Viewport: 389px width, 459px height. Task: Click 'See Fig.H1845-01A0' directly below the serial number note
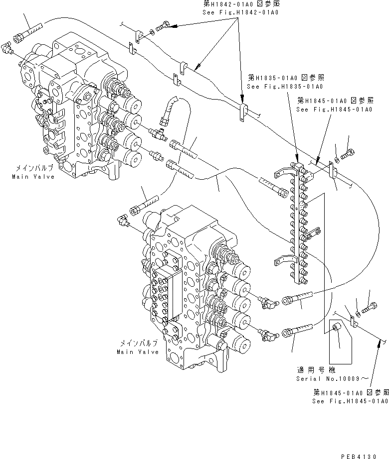pos(350,401)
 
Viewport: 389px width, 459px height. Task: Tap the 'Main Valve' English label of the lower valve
pos(138,351)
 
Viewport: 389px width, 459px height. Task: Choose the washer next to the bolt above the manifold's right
pos(337,159)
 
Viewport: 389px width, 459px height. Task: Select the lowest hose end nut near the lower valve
pos(287,332)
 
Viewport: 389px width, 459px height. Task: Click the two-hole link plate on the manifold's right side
pos(313,232)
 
